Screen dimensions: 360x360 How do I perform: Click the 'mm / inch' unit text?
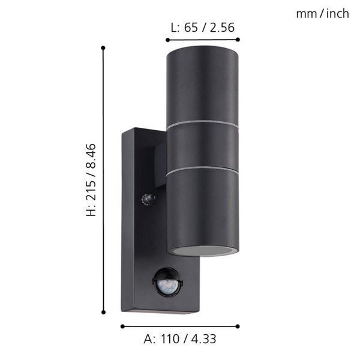[x=322, y=14]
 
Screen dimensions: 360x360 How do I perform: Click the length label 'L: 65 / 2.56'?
[x=202, y=27]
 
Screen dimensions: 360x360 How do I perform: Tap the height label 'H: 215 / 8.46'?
[x=91, y=180]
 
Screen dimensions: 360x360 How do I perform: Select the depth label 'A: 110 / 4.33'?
[x=180, y=339]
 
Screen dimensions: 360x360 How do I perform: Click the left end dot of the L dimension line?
[x=167, y=40]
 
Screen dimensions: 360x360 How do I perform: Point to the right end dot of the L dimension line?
[x=238, y=40]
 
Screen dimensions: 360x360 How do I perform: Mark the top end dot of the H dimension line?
[x=104, y=47]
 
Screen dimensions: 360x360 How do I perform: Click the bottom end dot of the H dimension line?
[x=104, y=313]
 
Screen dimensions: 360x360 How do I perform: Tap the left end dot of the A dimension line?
[x=122, y=326]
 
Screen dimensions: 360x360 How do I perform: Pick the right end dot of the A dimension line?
[x=238, y=326]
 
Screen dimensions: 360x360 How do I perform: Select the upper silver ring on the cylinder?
[x=202, y=124]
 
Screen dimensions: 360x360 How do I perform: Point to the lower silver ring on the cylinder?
[x=202, y=170]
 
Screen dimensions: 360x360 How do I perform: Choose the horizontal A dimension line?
[x=180, y=326]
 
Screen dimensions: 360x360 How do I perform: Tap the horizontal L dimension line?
[x=202, y=40]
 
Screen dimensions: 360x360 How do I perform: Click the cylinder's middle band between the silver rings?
[x=202, y=147]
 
